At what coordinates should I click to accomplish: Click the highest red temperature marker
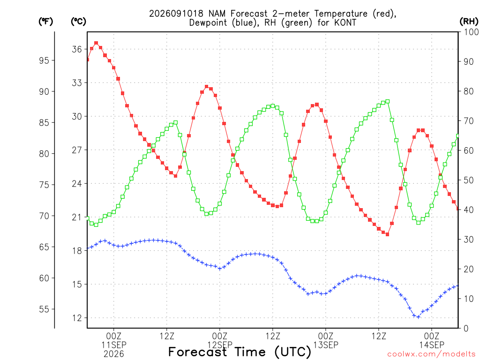click(x=96, y=43)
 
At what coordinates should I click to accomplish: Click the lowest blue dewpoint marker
click(x=419, y=317)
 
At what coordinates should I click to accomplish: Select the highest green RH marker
click(x=388, y=101)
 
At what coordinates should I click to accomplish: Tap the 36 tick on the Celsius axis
click(x=77, y=49)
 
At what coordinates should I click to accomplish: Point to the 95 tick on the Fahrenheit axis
click(x=44, y=60)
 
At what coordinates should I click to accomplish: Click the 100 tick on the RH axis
click(x=471, y=32)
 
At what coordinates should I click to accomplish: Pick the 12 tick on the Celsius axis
click(x=77, y=318)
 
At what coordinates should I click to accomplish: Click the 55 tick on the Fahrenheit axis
click(x=44, y=309)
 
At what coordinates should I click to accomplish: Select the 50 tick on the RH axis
click(x=468, y=180)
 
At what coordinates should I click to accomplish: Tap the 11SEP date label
click(x=114, y=345)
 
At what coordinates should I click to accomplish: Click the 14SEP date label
click(x=432, y=345)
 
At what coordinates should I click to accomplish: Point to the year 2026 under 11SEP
click(x=114, y=354)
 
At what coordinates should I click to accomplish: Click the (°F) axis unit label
click(x=45, y=22)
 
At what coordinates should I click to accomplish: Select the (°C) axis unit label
click(x=78, y=22)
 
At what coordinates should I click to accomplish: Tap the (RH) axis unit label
click(x=469, y=22)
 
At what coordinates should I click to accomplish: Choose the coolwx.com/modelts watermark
click(x=431, y=354)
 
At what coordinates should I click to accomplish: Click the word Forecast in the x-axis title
click(x=198, y=352)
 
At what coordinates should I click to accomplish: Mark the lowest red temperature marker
click(x=387, y=234)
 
